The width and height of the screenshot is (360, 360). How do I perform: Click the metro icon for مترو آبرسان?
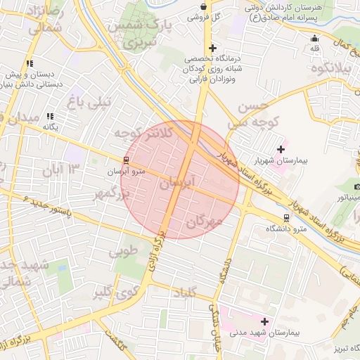click(x=126, y=160)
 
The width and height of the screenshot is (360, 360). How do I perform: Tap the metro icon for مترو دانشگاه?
click(x=285, y=218)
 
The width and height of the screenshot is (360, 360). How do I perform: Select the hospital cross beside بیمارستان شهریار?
click(x=281, y=149)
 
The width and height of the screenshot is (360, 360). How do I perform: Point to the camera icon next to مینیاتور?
click(x=357, y=186)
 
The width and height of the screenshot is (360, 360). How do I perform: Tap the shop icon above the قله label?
click(x=314, y=38)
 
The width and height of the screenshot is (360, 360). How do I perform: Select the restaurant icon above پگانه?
click(x=49, y=116)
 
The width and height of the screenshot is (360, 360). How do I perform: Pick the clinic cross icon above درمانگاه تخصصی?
click(x=212, y=48)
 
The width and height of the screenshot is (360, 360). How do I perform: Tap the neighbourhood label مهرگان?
click(x=204, y=222)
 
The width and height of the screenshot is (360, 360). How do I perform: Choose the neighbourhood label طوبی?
click(x=123, y=251)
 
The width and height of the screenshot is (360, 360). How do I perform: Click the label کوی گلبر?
click(x=113, y=291)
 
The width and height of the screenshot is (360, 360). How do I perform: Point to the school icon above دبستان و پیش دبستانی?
click(x=30, y=63)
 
